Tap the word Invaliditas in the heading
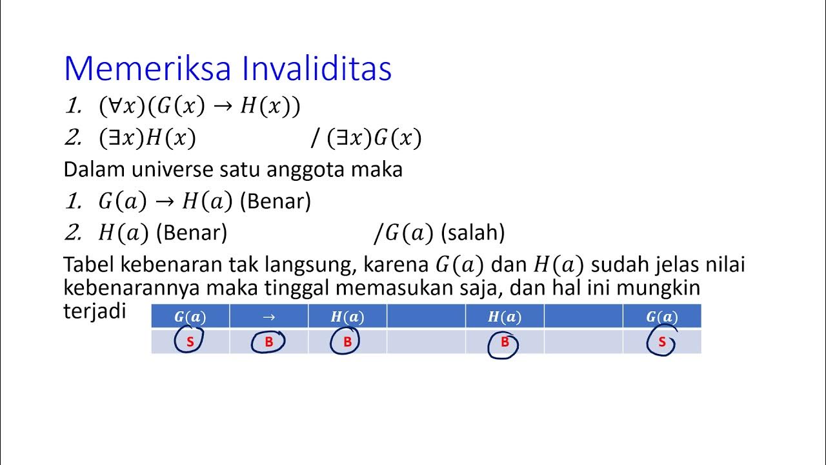[x=317, y=68]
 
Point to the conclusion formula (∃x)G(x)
[x=374, y=138]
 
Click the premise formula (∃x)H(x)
[x=147, y=138]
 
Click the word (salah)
[x=472, y=232]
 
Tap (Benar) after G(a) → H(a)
[x=276, y=201]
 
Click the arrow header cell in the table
[x=269, y=317]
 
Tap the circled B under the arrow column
[x=269, y=342]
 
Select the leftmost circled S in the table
[x=190, y=342]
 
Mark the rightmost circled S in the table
[x=661, y=342]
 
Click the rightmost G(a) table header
[x=661, y=317]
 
